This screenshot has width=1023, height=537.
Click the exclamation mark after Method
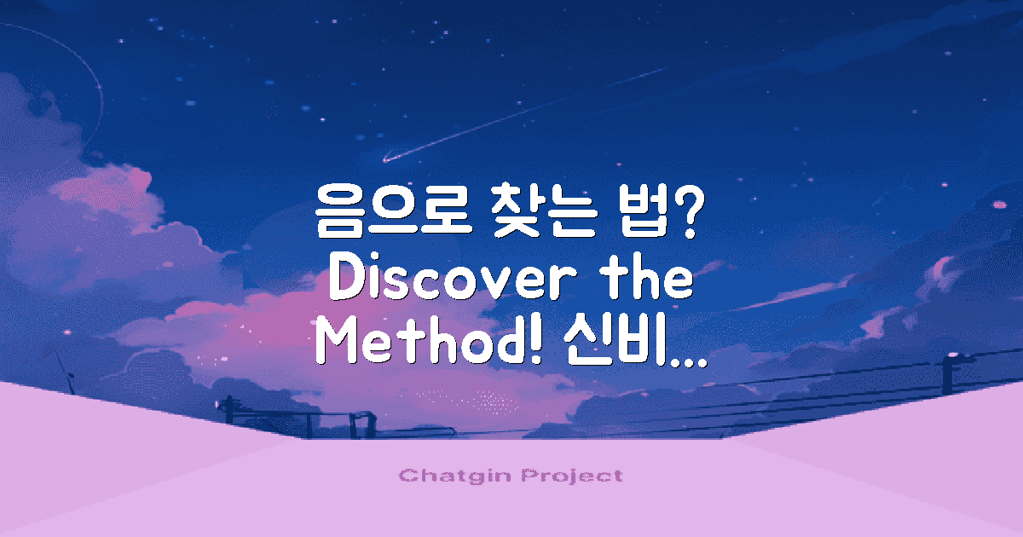tap(540, 348)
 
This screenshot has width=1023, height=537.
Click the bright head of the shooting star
tap(387, 159)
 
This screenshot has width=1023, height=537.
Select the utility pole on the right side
tap(947, 375)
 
